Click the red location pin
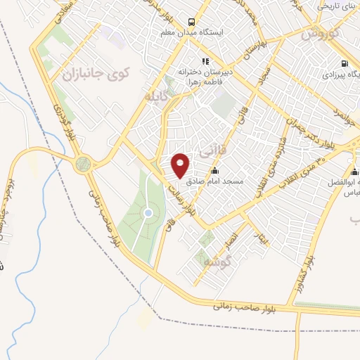coord(181,165)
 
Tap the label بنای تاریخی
coord(336,6)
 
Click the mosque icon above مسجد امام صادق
coord(214,171)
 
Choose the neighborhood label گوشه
coord(218,261)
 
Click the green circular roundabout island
coord(84,165)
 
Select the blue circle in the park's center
coord(148,213)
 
